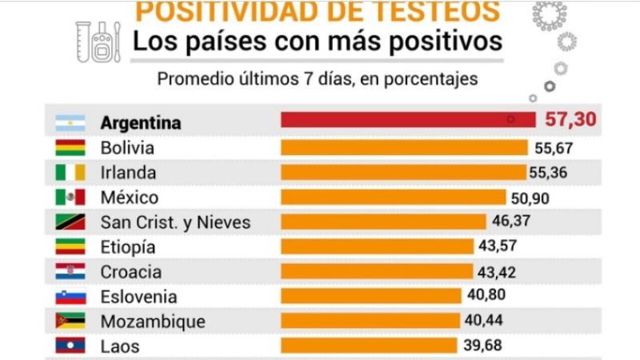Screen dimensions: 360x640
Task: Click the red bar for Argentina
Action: [408, 120]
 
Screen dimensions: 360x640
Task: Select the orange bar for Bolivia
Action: [404, 147]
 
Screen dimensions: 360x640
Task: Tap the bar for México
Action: [393, 197]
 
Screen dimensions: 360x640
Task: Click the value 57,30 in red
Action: [571, 121]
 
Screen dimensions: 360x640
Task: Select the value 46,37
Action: [512, 222]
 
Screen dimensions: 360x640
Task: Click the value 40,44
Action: [487, 322]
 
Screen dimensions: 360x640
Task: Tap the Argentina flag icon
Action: [70, 123]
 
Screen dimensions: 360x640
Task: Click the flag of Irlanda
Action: [70, 173]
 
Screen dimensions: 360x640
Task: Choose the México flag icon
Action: [70, 198]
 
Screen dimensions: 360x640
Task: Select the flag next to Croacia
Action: [70, 272]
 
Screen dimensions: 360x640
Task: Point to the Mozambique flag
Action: [70, 322]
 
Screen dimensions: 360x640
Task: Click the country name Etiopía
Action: [128, 247]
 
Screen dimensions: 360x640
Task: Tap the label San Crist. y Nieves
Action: [175, 222]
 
